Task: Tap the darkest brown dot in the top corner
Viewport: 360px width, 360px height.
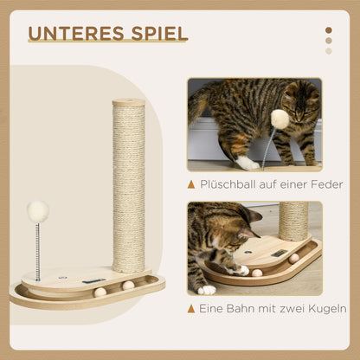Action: click(x=328, y=30)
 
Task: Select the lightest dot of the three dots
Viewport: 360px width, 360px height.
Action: click(x=328, y=51)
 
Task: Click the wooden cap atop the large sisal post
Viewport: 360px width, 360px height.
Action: click(x=129, y=102)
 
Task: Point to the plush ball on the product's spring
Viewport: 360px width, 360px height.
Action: click(x=37, y=210)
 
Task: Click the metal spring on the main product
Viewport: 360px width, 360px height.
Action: click(x=37, y=249)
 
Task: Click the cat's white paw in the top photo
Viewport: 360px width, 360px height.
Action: click(x=248, y=162)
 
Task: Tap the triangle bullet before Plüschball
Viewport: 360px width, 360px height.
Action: click(x=192, y=183)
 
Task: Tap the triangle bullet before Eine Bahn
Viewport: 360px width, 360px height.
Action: click(x=192, y=308)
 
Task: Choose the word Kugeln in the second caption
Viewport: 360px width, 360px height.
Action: click(x=326, y=308)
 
